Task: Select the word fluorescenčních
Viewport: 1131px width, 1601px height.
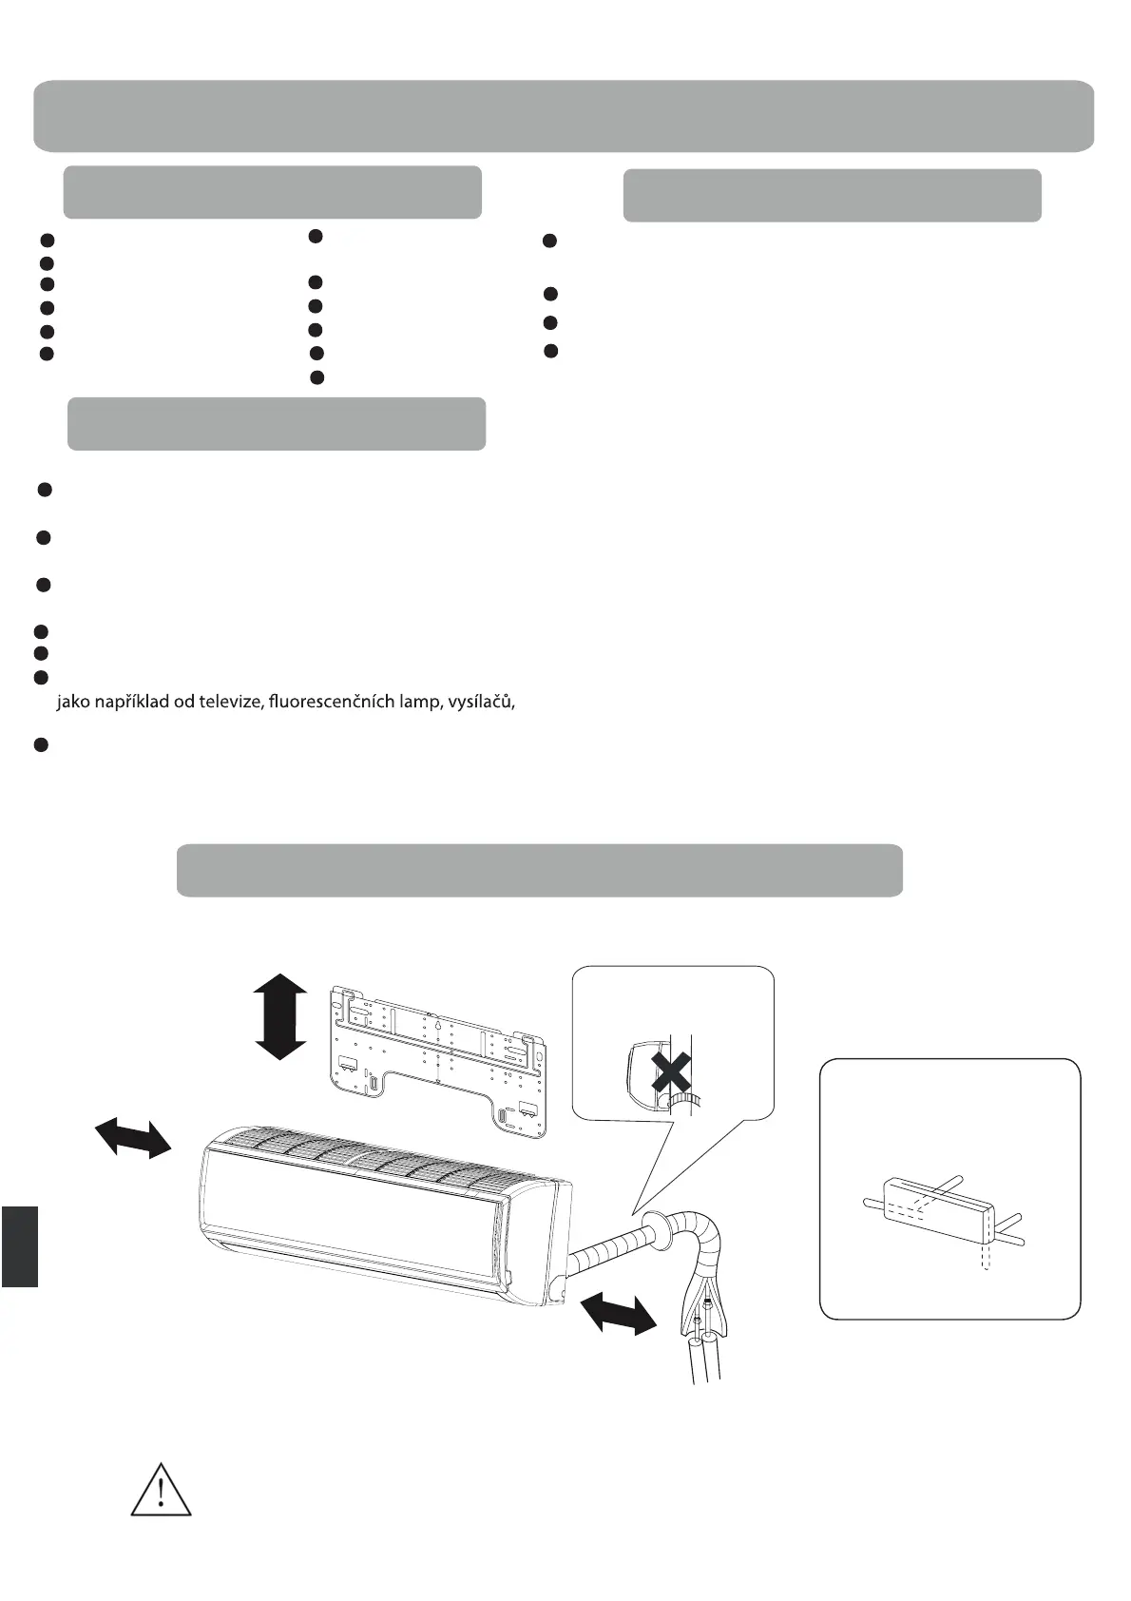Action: tap(325, 703)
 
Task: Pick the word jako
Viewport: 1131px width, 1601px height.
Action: tap(73, 704)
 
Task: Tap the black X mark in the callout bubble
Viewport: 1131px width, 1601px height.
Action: tap(671, 1073)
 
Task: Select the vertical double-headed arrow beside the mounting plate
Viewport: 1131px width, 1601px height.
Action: tap(280, 1016)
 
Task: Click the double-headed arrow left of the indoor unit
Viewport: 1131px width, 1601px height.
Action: tap(133, 1137)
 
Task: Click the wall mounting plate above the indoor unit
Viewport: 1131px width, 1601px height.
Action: tap(437, 1055)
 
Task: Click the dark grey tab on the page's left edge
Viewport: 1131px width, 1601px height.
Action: tap(19, 1245)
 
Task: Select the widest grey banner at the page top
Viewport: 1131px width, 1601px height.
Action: tap(564, 116)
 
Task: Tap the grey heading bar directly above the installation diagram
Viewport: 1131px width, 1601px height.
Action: tap(539, 870)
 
